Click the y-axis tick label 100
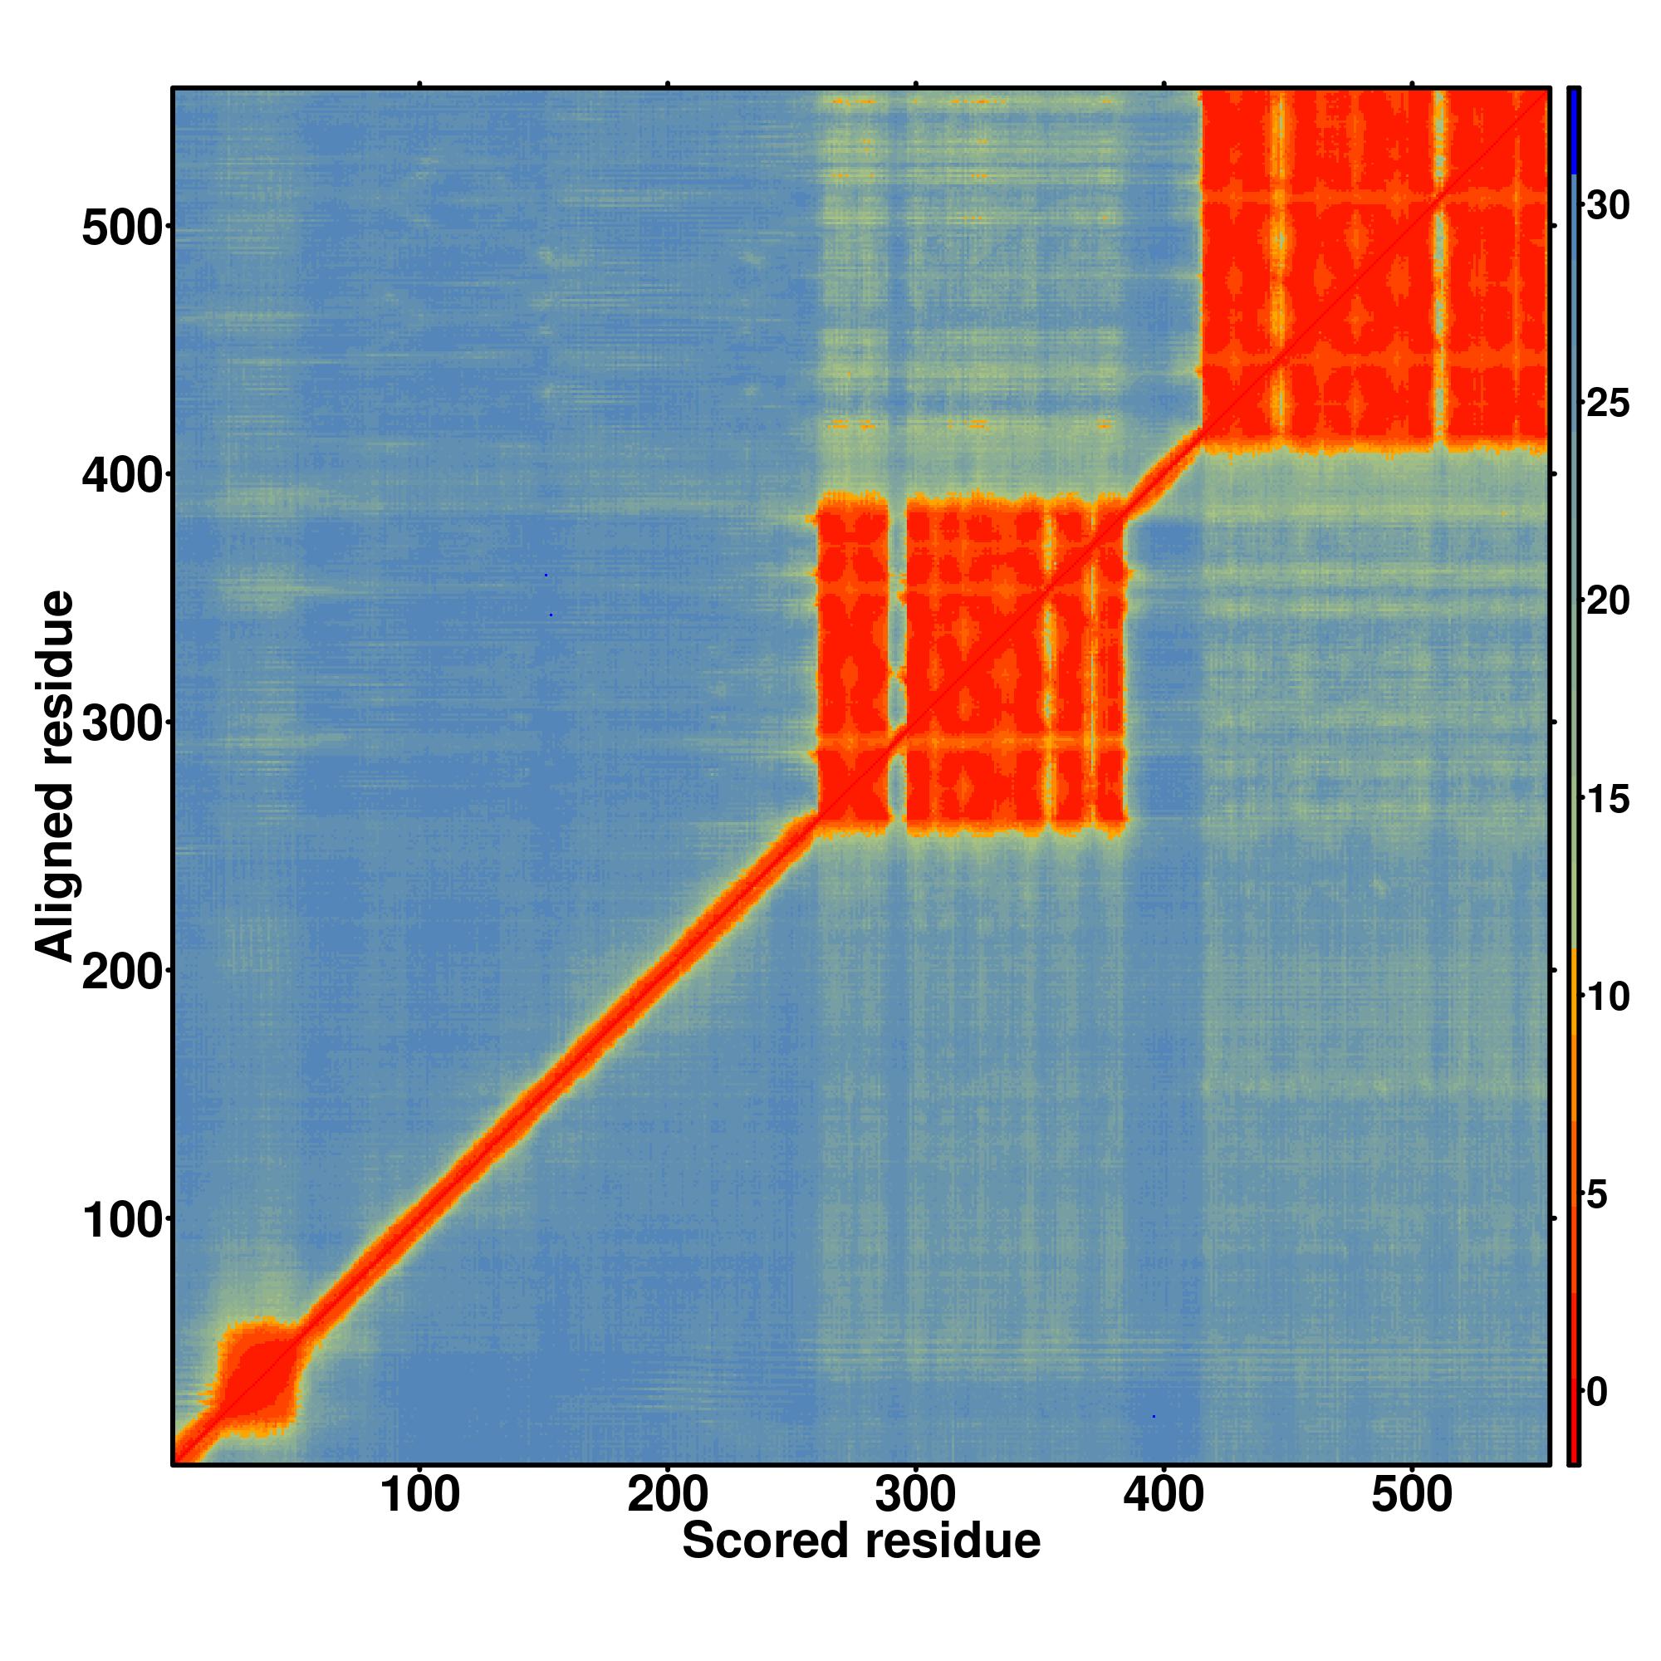coord(122,1218)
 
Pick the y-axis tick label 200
coord(122,971)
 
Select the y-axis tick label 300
coord(122,723)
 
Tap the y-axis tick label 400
coord(122,474)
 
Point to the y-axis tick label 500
coord(122,228)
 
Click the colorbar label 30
coord(1608,205)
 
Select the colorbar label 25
coord(1608,404)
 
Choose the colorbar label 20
coord(1608,601)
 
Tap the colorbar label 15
coord(1608,800)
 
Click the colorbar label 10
coord(1608,997)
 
